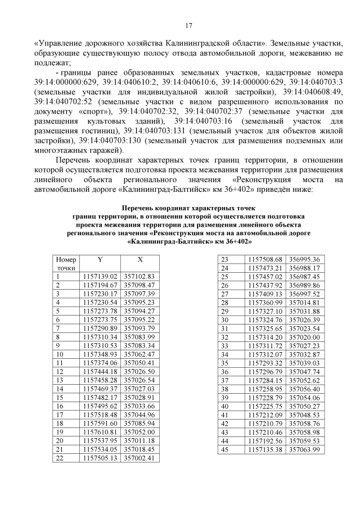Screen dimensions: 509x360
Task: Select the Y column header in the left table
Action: (x=100, y=259)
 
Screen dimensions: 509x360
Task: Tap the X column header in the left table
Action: (x=140, y=259)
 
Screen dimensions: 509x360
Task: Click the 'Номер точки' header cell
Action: (x=66, y=264)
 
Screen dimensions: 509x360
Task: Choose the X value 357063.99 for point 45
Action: (x=304, y=450)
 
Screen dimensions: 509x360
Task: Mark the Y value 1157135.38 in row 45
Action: (x=264, y=450)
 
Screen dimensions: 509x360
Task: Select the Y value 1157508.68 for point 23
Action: (x=264, y=259)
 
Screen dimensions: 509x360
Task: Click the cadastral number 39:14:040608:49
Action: (x=313, y=91)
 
